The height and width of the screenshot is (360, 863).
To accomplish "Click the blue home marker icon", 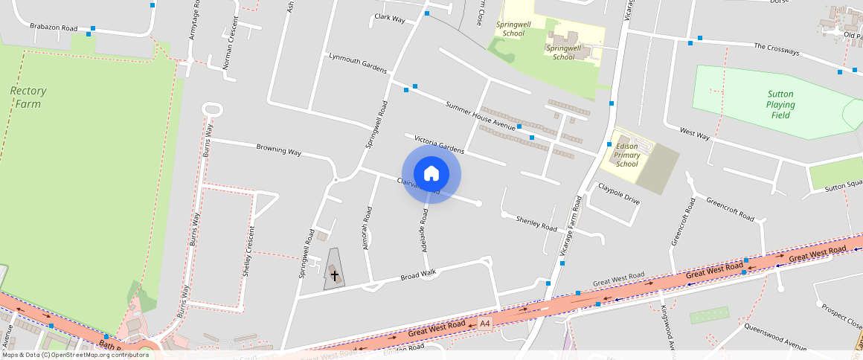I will click(431, 174).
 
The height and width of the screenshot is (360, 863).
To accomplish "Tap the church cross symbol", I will click(335, 275).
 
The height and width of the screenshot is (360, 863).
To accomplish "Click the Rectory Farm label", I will click(28, 97).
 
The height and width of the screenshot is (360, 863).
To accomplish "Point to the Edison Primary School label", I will click(627, 155).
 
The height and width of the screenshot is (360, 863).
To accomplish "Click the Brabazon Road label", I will click(54, 28).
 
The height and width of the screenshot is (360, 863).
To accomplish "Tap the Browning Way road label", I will click(278, 150).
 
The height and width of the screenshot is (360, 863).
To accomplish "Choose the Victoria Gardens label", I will click(439, 144).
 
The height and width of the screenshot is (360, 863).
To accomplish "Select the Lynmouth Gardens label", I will click(358, 62).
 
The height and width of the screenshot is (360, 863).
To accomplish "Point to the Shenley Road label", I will click(536, 222).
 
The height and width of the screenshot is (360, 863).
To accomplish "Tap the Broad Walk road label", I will click(417, 275).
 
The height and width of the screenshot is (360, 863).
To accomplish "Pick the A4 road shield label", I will click(485, 324).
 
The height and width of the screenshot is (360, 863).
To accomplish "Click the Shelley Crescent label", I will click(248, 251).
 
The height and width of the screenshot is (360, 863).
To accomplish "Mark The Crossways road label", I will click(776, 50).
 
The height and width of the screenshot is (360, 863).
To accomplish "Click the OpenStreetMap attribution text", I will click(74, 355).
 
